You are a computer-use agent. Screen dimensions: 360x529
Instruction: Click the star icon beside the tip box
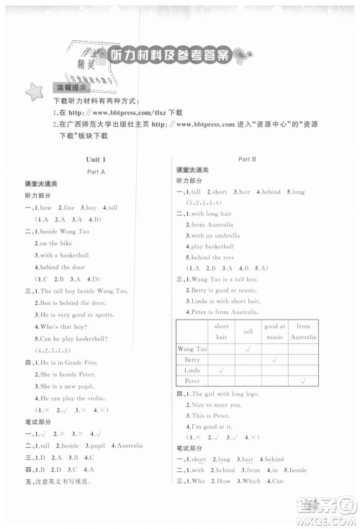[x=33, y=91]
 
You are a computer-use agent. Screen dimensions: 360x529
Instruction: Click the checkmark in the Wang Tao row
[x=248, y=348]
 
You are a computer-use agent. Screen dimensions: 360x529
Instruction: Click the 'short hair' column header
[x=221, y=331]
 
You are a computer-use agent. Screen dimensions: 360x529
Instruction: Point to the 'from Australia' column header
[x=303, y=331]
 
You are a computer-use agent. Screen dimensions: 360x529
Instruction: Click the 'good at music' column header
[x=274, y=331]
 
